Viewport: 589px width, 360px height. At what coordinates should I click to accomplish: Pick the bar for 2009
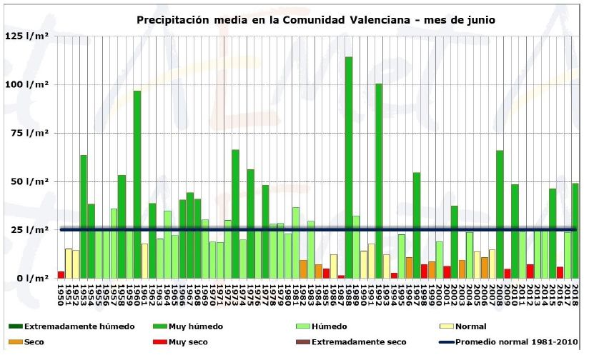tap(500, 214)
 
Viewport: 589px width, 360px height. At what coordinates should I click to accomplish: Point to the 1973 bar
tap(235, 214)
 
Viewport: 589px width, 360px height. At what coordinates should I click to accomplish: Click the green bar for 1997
tap(417, 225)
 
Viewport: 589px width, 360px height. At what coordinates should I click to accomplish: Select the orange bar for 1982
tap(303, 269)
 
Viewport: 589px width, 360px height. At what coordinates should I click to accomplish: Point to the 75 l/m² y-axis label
tap(29, 133)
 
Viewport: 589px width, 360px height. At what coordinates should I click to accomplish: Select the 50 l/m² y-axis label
tap(29, 181)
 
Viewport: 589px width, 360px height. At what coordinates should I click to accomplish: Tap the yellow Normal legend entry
tap(470, 326)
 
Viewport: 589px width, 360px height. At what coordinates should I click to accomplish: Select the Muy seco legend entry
tap(188, 341)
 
